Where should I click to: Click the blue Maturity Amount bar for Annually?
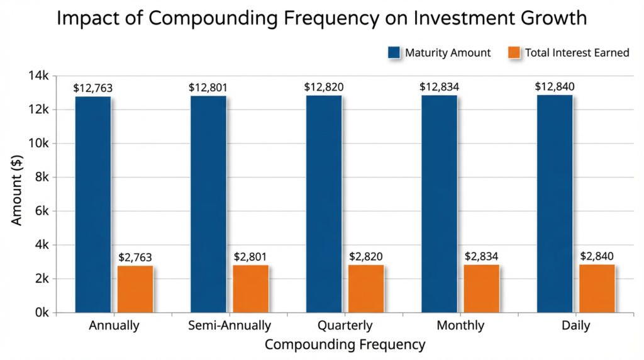93,204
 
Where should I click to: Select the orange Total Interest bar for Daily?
597,288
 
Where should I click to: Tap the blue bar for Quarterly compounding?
324,204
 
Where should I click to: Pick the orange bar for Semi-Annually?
251,288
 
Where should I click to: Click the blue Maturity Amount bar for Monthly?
439,204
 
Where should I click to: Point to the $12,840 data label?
554,87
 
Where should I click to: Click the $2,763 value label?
135,257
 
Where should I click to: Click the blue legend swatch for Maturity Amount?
394,53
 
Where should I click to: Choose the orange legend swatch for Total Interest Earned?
514,53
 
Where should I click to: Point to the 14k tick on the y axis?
38,76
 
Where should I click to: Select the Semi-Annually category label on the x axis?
230,326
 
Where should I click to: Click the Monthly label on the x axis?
460,326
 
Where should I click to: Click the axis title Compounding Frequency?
345,345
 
